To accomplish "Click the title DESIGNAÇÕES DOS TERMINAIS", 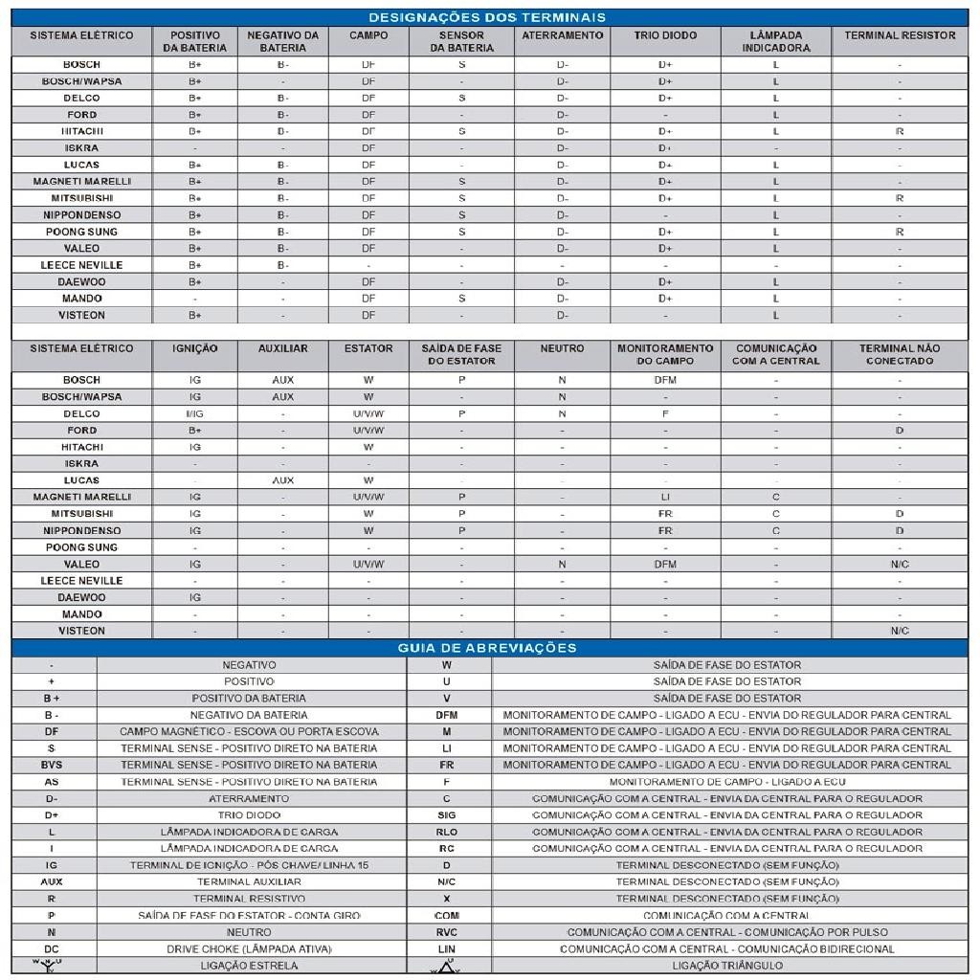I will tap(487, 17).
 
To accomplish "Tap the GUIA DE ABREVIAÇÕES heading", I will tap(487, 648).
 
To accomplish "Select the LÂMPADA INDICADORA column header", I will tap(775, 41).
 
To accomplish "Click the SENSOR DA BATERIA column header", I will tap(461, 41).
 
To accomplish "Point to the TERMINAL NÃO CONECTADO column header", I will tap(899, 355).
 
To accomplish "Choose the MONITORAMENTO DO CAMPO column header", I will tap(665, 355).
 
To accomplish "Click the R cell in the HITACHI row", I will tap(900, 131).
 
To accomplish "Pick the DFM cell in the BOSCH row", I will tap(665, 380).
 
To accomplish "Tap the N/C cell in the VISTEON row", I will tap(900, 631).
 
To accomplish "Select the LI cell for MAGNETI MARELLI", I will tap(665, 497).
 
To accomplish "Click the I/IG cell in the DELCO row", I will tap(195, 414).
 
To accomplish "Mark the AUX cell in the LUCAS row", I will tap(283, 480).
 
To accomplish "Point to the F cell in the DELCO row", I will tap(665, 414).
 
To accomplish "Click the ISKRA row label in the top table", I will tap(81, 148).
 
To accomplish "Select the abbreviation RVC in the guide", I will tap(447, 932).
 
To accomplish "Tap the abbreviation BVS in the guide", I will tap(52, 765).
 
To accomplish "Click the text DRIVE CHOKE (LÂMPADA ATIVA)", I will tap(250, 949).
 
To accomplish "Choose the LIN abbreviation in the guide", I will tap(447, 949).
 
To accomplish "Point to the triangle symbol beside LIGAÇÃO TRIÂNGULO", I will tap(447, 967).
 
